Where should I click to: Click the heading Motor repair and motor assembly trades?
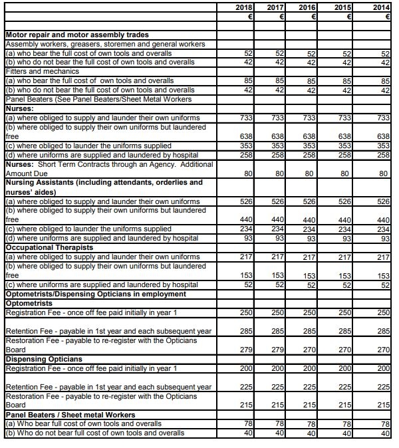pyautogui.click(x=76, y=34)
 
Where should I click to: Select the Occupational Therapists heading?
pyautogui.click(x=46, y=247)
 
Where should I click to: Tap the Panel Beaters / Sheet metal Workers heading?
pyautogui.click(x=70, y=414)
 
